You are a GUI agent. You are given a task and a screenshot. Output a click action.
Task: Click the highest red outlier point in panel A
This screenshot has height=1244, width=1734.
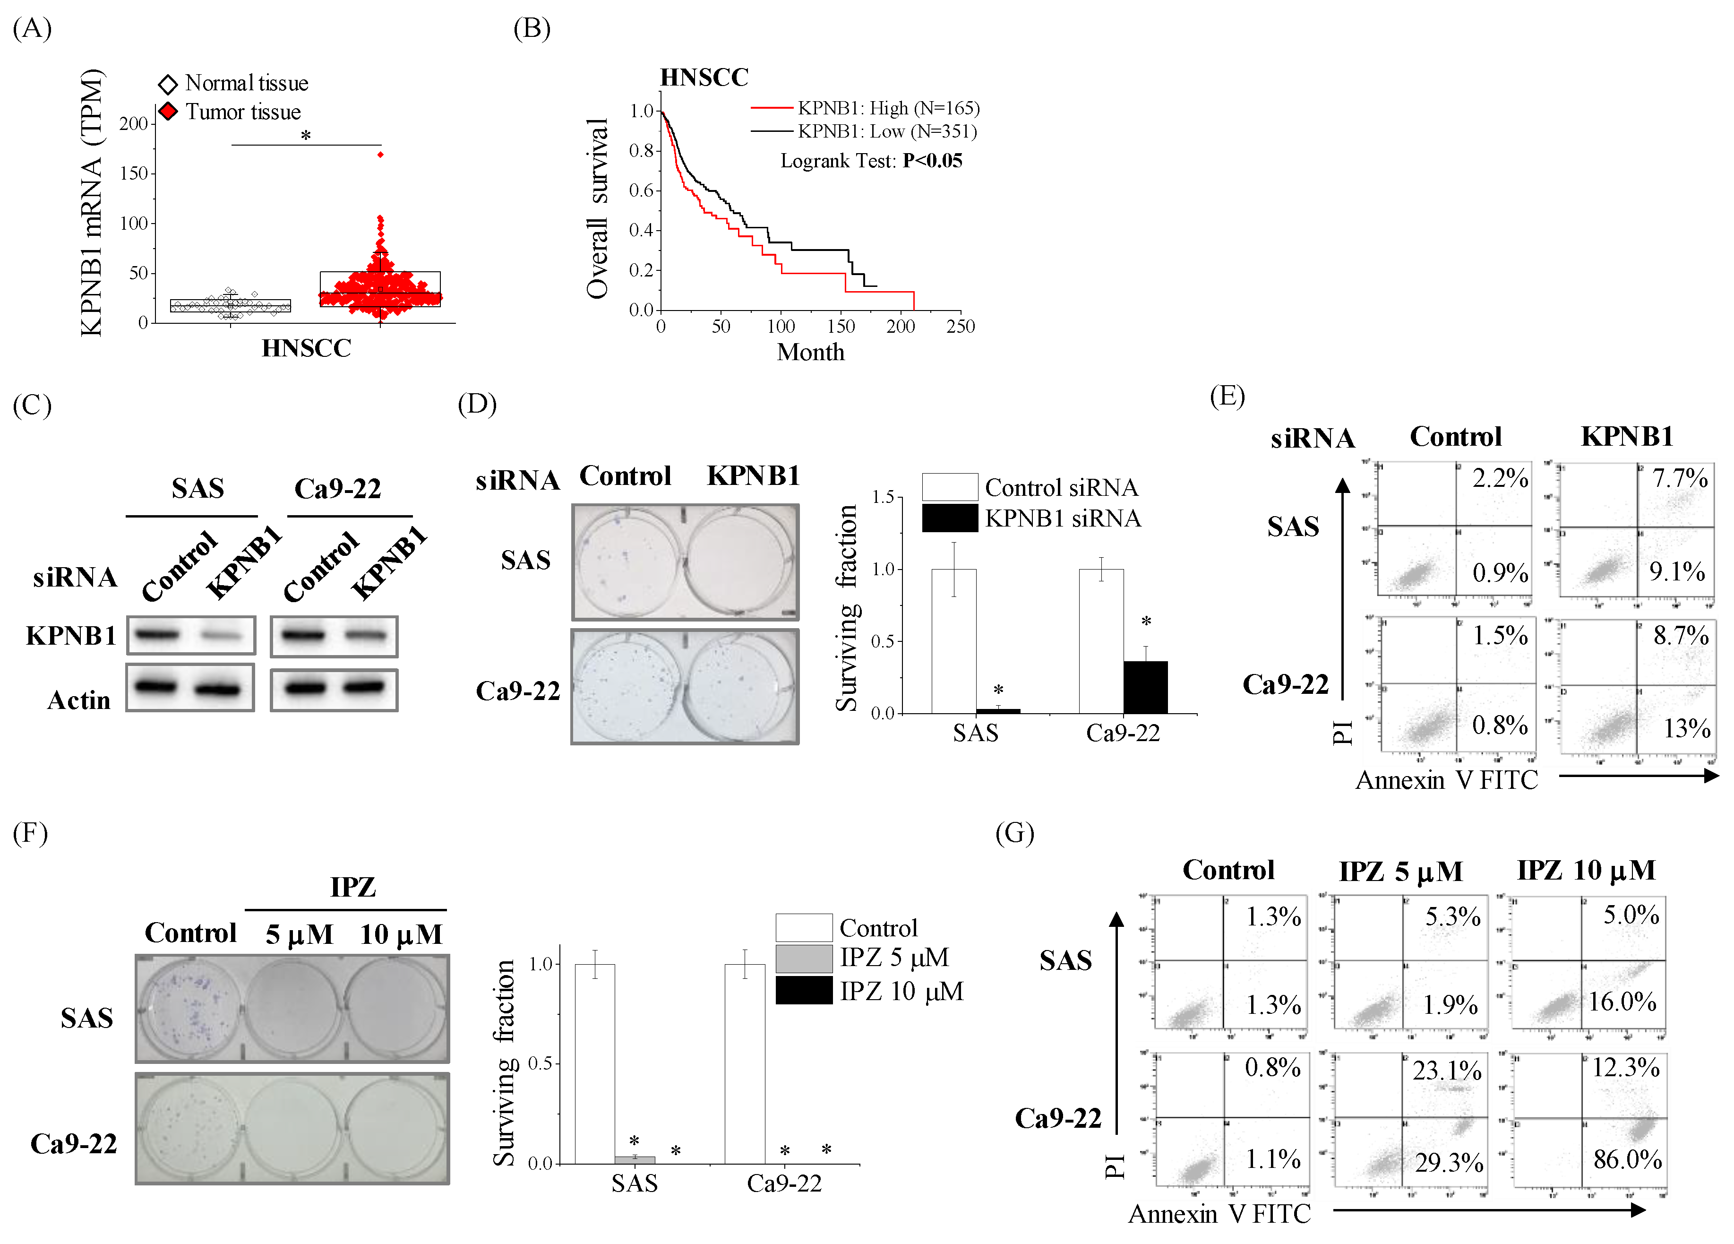pos(380,155)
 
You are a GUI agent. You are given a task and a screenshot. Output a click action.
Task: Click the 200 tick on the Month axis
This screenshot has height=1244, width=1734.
pos(901,327)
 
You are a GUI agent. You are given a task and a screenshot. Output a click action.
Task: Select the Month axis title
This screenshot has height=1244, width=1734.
pos(810,353)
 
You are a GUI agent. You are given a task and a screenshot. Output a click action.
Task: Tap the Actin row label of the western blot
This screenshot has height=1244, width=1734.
pos(79,700)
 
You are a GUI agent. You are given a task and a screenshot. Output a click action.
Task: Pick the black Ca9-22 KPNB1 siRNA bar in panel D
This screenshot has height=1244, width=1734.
pos(1145,687)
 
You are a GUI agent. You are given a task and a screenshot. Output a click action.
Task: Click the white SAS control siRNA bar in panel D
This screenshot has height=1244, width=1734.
pos(953,641)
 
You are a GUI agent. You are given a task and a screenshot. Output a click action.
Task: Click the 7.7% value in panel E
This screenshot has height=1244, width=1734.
pos(1680,479)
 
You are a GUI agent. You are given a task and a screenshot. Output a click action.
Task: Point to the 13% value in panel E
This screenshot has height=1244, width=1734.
pos(1687,728)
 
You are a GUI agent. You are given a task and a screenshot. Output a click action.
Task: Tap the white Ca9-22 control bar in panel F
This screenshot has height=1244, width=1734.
pos(745,1063)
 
